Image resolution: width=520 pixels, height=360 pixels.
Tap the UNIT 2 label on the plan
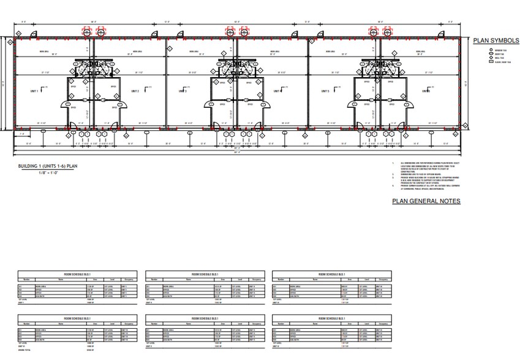tap(135, 91)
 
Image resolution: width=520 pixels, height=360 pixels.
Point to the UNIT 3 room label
tap(183, 91)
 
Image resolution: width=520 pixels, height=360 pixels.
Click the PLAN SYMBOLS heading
tap(496, 40)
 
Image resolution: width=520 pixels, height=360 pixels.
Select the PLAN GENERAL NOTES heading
tap(426, 201)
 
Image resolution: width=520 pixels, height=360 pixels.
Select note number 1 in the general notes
tap(394, 162)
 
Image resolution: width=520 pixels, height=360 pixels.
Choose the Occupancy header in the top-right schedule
tap(382, 279)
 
